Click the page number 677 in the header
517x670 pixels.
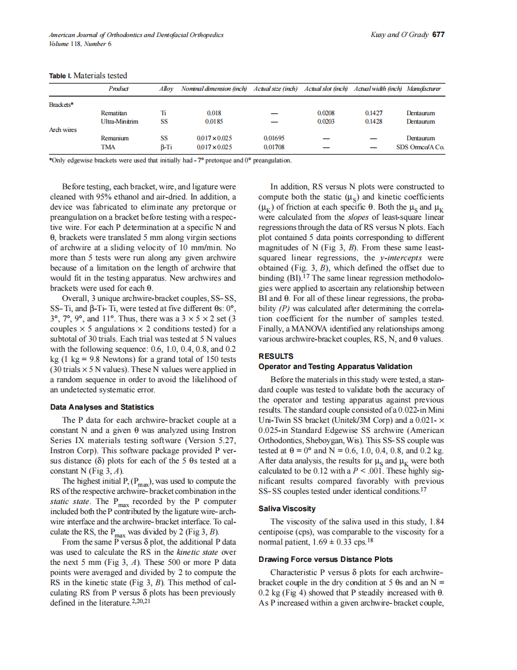pyautogui.click(x=438, y=35)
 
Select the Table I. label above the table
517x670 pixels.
pyautogui.click(x=60, y=75)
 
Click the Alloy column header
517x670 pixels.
pyautogui.click(x=166, y=89)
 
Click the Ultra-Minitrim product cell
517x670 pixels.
pyautogui.click(x=119, y=121)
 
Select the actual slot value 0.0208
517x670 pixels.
pyautogui.click(x=326, y=112)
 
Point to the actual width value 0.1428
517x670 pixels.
pyautogui.click(x=374, y=121)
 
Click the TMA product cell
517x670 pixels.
pyautogui.click(x=108, y=146)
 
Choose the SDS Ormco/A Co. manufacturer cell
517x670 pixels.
pyautogui.click(x=424, y=146)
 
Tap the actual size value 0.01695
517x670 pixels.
pyautogui.click(x=273, y=138)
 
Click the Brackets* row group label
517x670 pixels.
pyautogui.click(x=61, y=104)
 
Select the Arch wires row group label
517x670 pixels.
pyautogui.click(x=63, y=130)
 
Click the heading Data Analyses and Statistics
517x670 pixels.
pyautogui.click(x=102, y=407)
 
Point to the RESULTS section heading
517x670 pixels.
pyautogui.click(x=275, y=356)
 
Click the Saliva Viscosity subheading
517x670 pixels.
pyautogui.click(x=287, y=509)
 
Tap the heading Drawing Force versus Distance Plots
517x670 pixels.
pyautogui.click(x=325, y=560)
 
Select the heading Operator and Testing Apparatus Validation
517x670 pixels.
pyautogui.click(x=335, y=366)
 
